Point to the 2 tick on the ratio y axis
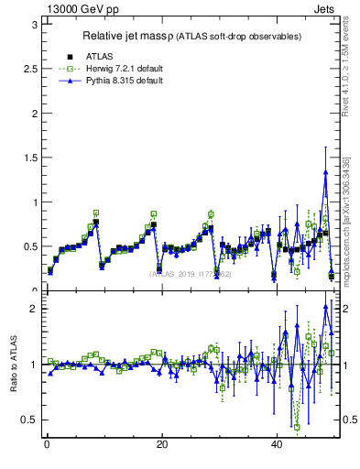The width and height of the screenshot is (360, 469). [33, 309]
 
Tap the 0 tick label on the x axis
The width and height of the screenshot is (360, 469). [46, 445]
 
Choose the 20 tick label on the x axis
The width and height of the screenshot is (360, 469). [161, 445]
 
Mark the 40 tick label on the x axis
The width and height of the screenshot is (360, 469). [277, 445]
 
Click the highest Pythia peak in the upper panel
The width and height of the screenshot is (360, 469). [325, 171]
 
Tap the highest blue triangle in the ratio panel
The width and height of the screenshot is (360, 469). [325, 306]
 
